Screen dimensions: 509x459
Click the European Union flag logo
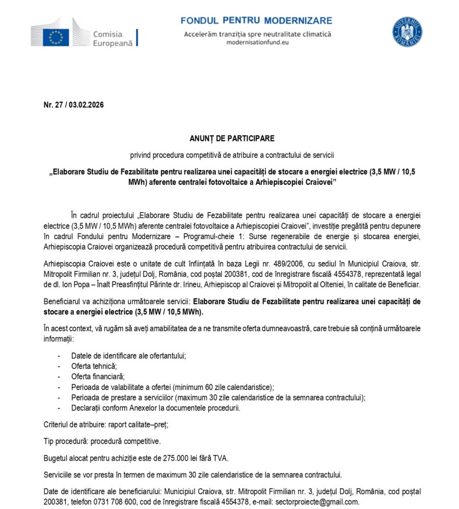[56, 36]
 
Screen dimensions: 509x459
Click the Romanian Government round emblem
[407, 32]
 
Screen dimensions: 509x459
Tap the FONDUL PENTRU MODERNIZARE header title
[256, 21]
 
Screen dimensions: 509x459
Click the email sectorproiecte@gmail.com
[317, 502]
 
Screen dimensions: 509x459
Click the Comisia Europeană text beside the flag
[112, 39]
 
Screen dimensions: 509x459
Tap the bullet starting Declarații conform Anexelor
[155, 408]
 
